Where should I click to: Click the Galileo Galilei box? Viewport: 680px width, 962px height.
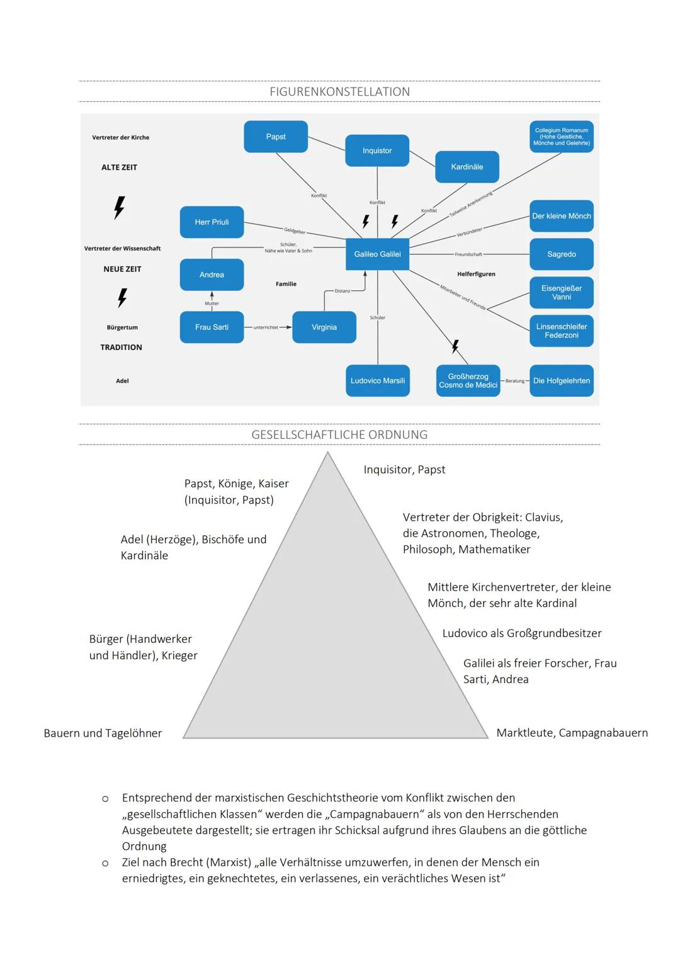point(378,254)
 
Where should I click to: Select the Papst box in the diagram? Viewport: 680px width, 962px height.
point(276,137)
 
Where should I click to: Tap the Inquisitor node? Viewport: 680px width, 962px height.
point(377,150)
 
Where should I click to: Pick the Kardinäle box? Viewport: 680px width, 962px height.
point(467,167)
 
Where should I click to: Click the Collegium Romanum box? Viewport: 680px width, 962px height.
point(562,137)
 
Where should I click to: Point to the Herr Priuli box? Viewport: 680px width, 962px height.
point(212,222)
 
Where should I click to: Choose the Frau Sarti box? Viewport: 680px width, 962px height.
point(212,327)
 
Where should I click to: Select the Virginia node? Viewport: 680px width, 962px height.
point(324,327)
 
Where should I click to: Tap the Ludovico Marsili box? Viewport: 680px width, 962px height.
point(378,381)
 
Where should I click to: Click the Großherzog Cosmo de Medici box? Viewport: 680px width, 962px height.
point(468,381)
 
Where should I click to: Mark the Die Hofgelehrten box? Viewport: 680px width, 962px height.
point(562,381)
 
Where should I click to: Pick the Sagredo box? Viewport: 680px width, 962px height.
point(562,254)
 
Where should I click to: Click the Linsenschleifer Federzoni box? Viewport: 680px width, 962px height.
point(562,331)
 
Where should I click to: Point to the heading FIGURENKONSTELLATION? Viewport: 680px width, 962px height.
point(339,92)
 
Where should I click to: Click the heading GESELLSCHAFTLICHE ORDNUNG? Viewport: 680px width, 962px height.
point(339,435)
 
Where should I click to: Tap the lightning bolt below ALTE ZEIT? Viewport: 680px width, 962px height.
point(119,207)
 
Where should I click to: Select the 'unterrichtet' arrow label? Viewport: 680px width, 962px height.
point(265,327)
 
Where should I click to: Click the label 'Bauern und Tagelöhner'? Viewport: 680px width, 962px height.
point(103,733)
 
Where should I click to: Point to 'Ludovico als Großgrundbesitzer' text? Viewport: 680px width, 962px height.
point(522,633)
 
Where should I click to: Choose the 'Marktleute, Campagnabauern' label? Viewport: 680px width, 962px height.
point(572,733)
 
